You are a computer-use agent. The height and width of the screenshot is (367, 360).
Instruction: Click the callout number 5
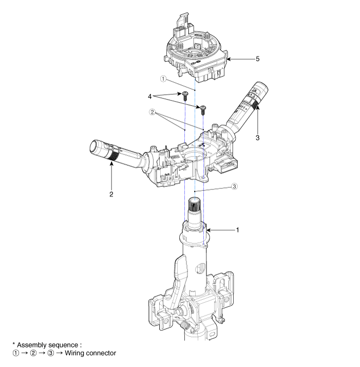point(257,59)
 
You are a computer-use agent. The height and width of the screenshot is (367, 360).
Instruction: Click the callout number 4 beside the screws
point(149,96)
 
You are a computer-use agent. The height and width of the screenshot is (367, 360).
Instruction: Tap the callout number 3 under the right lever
point(257,138)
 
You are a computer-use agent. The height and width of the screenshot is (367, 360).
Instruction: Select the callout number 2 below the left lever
point(111,194)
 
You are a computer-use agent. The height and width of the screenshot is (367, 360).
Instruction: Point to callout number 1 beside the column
point(237,230)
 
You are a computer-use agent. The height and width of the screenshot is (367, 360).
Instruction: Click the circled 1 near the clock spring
point(163,79)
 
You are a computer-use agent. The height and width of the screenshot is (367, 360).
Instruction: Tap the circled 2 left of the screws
point(152,112)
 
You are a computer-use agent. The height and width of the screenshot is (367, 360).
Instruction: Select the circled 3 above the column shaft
point(234,186)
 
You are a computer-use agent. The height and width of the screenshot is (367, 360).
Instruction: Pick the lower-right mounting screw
point(203,109)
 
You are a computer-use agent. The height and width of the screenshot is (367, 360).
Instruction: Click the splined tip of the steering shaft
point(195,204)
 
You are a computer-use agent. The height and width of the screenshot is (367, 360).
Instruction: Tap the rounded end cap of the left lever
point(97,147)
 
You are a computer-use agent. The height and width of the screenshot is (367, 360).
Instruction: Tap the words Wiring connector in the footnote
point(90,353)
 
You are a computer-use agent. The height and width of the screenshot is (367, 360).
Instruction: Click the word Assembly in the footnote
point(32,345)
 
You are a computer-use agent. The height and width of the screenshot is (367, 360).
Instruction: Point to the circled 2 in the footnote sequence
point(33,353)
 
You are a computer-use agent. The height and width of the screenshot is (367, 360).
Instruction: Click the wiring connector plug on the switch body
point(226,166)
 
